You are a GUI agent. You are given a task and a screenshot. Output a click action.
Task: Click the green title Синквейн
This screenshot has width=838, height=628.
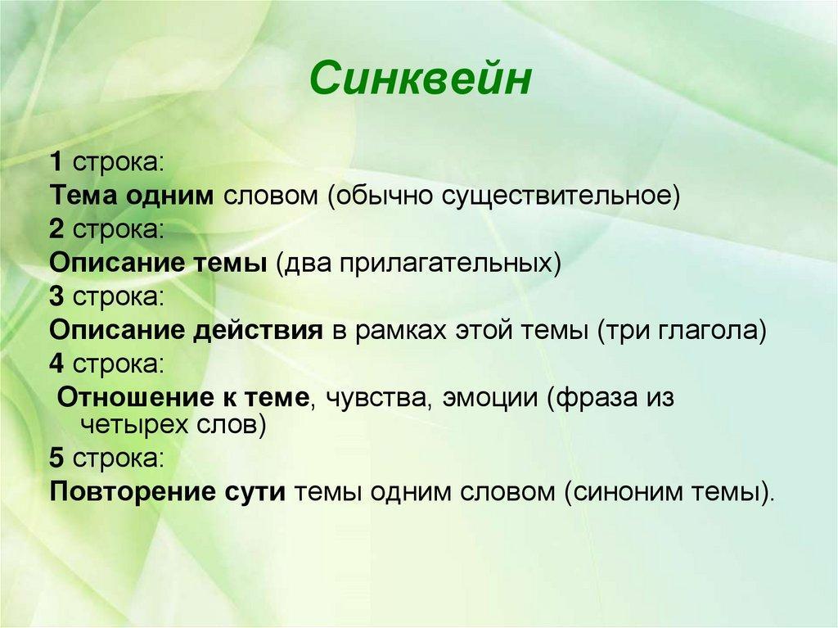(x=420, y=78)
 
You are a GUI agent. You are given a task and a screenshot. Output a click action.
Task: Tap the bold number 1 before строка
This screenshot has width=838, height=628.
(x=56, y=161)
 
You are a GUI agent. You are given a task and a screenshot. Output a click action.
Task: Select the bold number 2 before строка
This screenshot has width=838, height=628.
(x=56, y=229)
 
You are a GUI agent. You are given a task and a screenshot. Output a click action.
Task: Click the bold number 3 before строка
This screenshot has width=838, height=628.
(x=56, y=296)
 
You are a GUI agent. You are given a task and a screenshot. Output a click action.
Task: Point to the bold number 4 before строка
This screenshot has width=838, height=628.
(x=56, y=364)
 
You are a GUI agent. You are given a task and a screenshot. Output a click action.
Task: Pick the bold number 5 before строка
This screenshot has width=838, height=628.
(x=56, y=458)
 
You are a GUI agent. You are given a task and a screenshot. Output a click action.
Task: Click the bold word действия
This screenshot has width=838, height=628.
(x=258, y=331)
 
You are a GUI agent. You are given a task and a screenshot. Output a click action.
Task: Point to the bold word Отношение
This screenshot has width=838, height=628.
(x=135, y=397)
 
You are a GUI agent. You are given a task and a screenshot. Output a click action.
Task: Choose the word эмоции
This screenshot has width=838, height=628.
(x=490, y=399)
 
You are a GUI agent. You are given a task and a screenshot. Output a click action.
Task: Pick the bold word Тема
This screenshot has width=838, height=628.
(x=83, y=196)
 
